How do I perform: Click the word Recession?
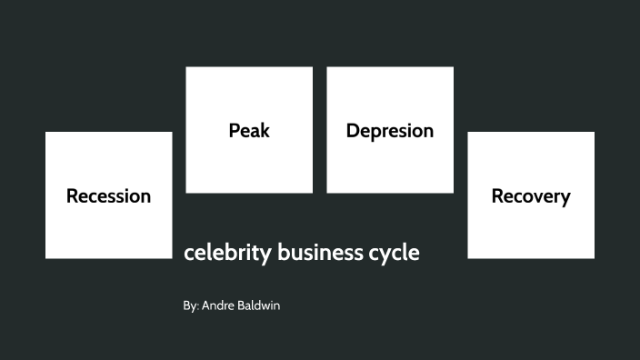pyautogui.click(x=108, y=195)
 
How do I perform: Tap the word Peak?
pyautogui.click(x=249, y=130)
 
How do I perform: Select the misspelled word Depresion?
pyautogui.click(x=390, y=130)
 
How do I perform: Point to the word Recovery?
pyautogui.click(x=531, y=195)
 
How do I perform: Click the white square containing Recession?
pyautogui.click(x=108, y=227)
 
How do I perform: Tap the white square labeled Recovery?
pyautogui.click(x=531, y=227)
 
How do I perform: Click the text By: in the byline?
pyautogui.click(x=190, y=306)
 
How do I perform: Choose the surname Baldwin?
pyautogui.click(x=260, y=306)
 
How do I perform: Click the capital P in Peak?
pyautogui.click(x=234, y=130)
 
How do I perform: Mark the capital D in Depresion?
pyautogui.click(x=353, y=130)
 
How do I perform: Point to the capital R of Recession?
pyautogui.click(x=72, y=195)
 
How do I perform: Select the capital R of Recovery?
pyautogui.click(x=497, y=195)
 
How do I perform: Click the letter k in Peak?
pyautogui.click(x=265, y=130)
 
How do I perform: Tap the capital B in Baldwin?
pyautogui.click(x=243, y=306)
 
